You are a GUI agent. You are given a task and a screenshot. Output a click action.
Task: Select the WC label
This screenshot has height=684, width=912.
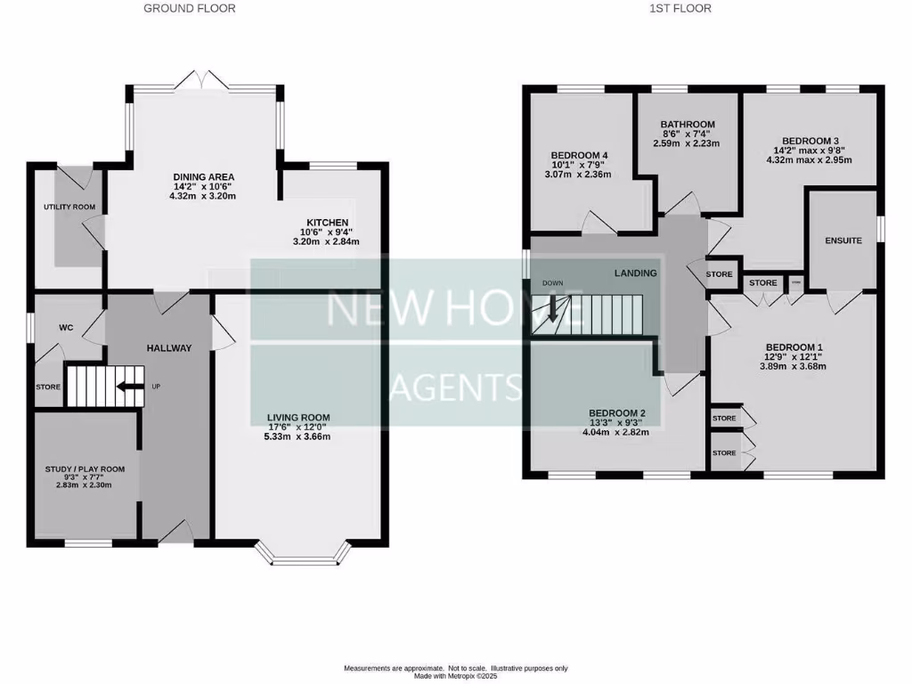point(65,328)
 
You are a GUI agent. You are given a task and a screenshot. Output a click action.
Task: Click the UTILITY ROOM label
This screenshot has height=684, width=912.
point(69,208)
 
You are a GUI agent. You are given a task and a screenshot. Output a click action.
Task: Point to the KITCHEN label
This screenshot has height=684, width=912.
point(328,223)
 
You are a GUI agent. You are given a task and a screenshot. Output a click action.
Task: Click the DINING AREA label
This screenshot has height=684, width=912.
point(203,177)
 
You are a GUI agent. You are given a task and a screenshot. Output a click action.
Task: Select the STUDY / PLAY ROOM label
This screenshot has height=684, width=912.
point(85,468)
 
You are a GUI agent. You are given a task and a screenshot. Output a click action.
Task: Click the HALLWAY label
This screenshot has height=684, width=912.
point(169,348)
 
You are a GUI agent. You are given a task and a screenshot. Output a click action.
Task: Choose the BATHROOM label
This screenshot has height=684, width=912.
point(687,125)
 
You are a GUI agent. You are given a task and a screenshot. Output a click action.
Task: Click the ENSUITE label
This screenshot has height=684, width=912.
point(843,240)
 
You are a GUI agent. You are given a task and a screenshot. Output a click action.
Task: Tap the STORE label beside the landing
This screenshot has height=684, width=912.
point(720,274)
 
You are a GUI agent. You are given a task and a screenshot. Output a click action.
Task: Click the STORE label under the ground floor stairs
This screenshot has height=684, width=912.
point(48,387)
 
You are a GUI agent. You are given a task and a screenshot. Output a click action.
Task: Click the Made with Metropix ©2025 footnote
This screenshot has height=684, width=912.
point(455,675)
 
